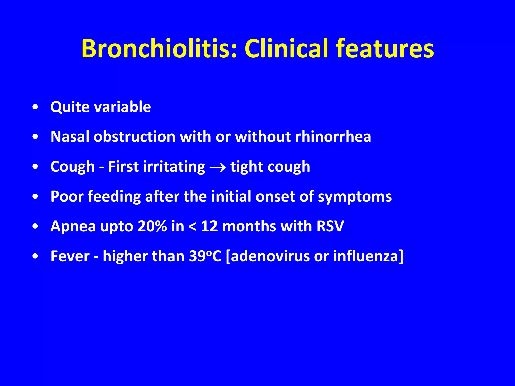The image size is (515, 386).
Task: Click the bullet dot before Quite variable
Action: [x=35, y=107]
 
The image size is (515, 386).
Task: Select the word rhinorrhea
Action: [x=333, y=137]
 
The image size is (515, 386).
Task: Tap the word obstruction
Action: [x=134, y=137]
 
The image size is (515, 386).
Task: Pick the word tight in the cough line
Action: [x=246, y=167]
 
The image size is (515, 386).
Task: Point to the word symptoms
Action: [x=355, y=197]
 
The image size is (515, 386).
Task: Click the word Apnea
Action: [x=73, y=226]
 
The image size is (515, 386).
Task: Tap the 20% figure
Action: [x=152, y=226]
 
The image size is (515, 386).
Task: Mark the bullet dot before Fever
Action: [x=35, y=256]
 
